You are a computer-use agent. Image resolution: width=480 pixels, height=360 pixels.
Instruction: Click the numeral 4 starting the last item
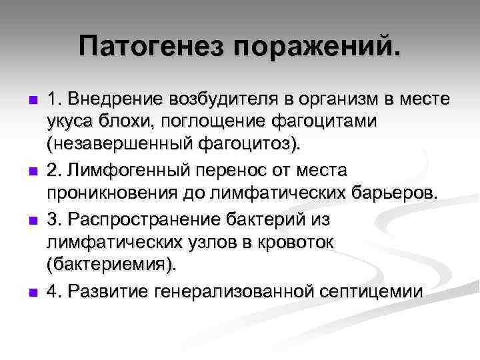pyautogui.click(x=53, y=290)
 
